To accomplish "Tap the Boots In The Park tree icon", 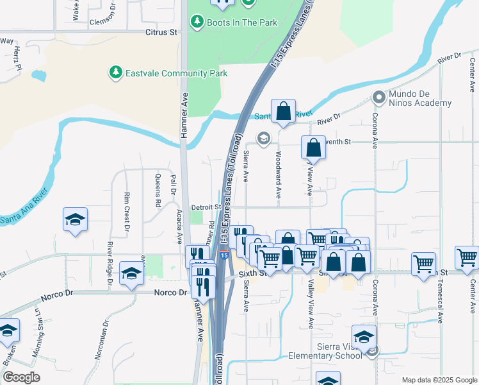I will tap(197, 22).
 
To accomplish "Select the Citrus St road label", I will tap(161, 31).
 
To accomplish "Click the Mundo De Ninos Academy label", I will tap(421, 98).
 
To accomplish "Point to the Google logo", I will tap(21, 377).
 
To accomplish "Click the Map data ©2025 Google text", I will tap(439, 379).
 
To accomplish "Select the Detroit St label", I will tap(206, 207).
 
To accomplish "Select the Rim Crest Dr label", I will tap(127, 211).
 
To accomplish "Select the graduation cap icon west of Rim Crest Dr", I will tap(75, 219).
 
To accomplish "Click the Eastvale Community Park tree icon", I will tap(115, 73).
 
